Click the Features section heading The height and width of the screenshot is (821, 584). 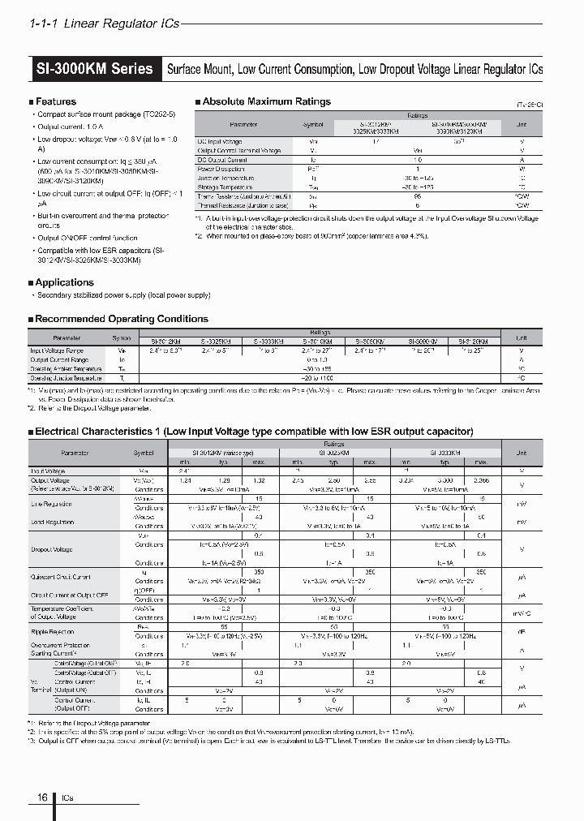(x=55, y=101)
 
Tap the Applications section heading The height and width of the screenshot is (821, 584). (x=64, y=282)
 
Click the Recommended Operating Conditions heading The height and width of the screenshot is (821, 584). (x=122, y=319)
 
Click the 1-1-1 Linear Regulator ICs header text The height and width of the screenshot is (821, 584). (x=104, y=24)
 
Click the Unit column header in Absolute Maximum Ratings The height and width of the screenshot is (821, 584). (x=521, y=125)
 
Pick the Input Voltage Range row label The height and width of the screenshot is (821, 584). (x=57, y=350)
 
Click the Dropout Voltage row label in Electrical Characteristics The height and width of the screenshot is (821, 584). (x=52, y=549)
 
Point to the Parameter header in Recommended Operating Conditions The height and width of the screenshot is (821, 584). (x=67, y=337)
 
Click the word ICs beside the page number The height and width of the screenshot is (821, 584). (x=66, y=798)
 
